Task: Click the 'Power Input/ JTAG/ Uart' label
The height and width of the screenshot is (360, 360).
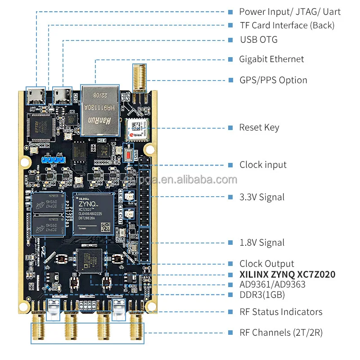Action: point(290,12)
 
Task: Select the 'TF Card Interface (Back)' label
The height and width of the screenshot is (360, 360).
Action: point(287,26)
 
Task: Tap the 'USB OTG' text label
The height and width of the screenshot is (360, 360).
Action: point(258,40)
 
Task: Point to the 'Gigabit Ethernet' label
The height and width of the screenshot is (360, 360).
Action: point(271,59)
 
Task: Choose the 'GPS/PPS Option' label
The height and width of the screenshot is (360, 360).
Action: point(273,81)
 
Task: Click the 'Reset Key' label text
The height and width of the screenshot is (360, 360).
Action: point(259,128)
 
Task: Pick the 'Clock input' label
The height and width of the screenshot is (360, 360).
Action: point(263,165)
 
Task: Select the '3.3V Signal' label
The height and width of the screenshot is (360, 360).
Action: point(261,197)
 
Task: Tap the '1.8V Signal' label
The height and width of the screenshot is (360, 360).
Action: point(261,243)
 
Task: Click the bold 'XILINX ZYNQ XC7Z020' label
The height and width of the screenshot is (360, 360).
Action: point(287,274)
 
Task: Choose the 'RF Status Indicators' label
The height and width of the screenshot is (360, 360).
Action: point(281,312)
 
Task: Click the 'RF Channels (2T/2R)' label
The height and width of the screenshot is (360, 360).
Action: point(281,333)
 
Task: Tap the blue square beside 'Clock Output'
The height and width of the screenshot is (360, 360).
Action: point(229,264)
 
